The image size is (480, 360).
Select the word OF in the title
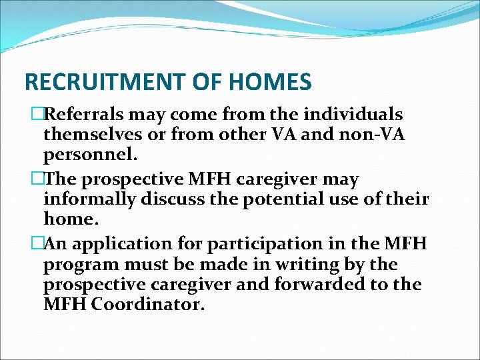215,82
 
